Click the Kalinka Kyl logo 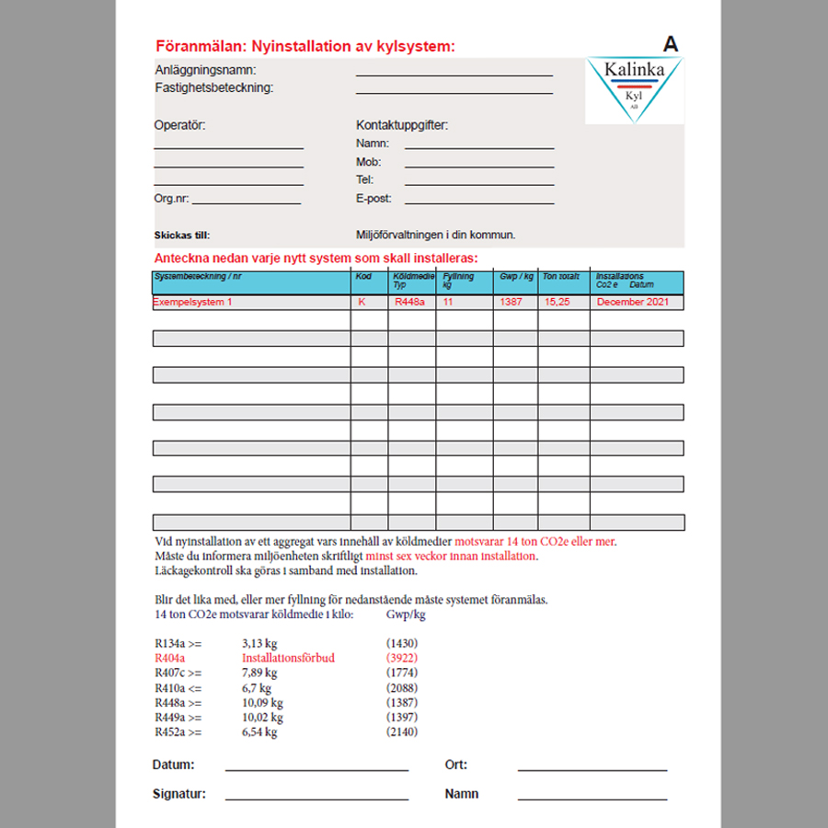pos(634,90)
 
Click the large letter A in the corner pos(671,43)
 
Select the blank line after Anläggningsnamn pos(454,74)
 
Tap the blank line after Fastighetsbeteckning pos(454,92)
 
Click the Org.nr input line pos(246,201)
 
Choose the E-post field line pos(478,201)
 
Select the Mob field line pos(478,166)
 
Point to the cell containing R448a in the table pos(408,302)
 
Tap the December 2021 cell pos(633,302)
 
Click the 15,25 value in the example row pos(557,302)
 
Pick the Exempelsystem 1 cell pos(193,302)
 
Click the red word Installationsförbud pos(288,659)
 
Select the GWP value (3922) pos(402,659)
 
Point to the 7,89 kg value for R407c pos(259,673)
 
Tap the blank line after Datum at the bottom pos(316,768)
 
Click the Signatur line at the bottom pos(316,798)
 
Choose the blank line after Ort pos(592,768)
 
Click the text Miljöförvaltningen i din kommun pos(435,235)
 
